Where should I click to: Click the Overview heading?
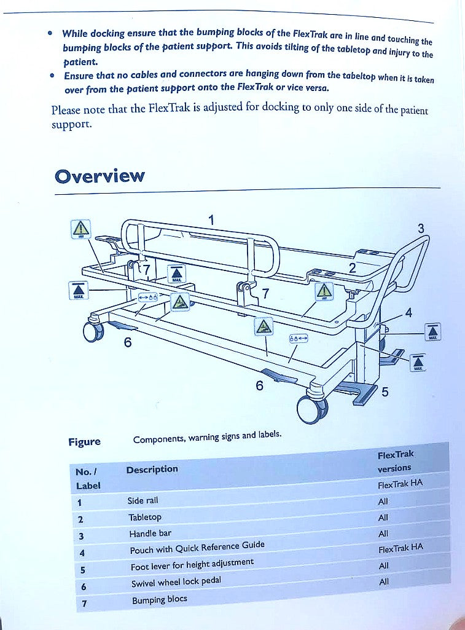[x=100, y=176]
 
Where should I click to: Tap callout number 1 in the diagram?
[x=211, y=219]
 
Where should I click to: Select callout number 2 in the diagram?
[x=352, y=267]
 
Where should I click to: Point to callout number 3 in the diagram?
[x=421, y=229]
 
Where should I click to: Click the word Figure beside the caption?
[x=84, y=442]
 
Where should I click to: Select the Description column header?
[x=152, y=470]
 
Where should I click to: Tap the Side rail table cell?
[x=143, y=501]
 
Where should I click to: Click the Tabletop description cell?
[x=145, y=518]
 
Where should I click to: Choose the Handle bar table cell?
[x=150, y=534]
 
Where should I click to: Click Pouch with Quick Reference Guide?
[x=197, y=548]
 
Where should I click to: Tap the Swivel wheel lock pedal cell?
[x=176, y=582]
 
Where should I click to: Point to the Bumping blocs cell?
[x=159, y=599]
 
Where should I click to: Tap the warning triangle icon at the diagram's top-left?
[x=80, y=229]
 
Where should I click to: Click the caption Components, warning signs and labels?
[x=207, y=437]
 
